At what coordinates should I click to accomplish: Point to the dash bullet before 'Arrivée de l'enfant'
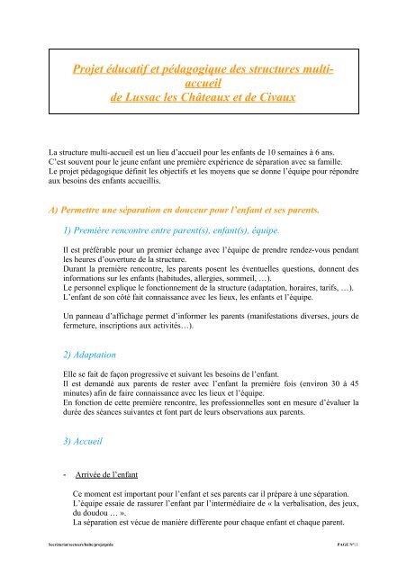click(x=56, y=471)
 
